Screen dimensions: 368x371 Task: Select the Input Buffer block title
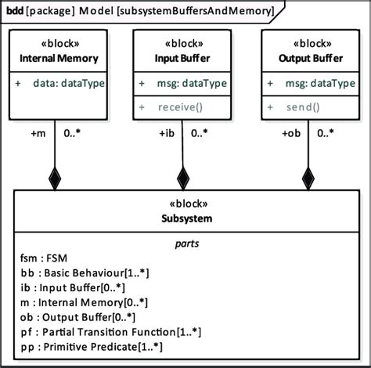[182, 59]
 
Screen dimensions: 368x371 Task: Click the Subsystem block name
[185, 218]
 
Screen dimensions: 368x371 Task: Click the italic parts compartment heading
[185, 244]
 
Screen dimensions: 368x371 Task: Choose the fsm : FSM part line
[44, 258]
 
